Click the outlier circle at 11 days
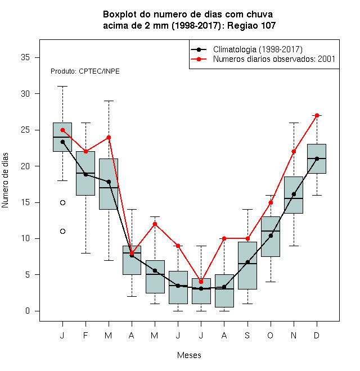(x=62, y=231)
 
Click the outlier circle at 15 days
(x=62, y=202)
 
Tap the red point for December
(x=317, y=115)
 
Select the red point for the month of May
(x=155, y=224)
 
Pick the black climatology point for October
(x=271, y=236)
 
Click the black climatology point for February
(x=85, y=174)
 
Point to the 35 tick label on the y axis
(x=25, y=57)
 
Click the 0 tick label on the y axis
(x=28, y=311)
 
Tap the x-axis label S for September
(x=247, y=335)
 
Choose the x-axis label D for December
(x=317, y=335)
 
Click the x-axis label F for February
(x=85, y=335)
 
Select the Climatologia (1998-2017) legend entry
(x=246, y=49)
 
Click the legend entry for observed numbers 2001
(x=263, y=59)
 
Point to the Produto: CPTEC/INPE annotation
(x=85, y=71)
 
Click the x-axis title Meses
(x=189, y=355)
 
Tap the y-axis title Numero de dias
(x=5, y=180)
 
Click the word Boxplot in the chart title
(x=120, y=15)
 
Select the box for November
(x=294, y=195)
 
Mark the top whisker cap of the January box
(x=62, y=87)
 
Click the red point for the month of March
(x=109, y=137)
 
